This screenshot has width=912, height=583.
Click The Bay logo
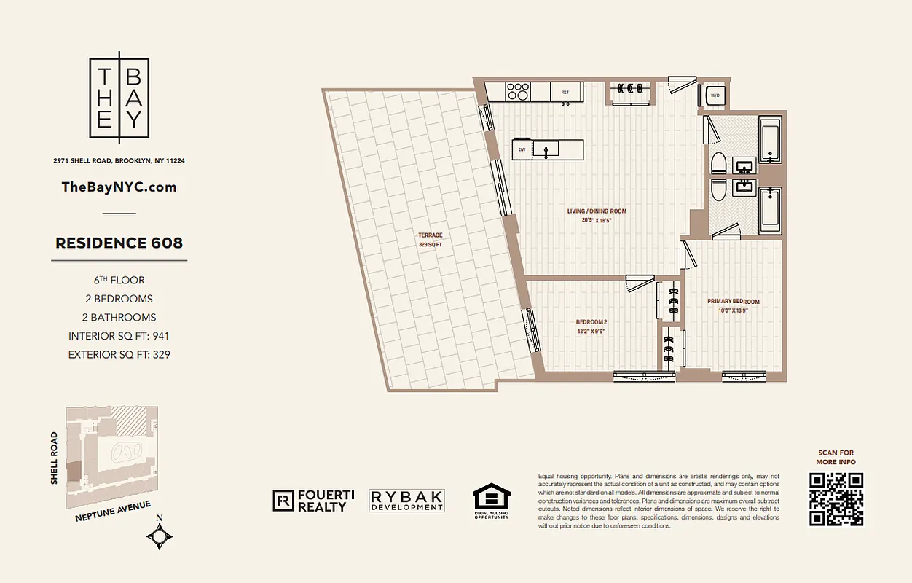pos(119,98)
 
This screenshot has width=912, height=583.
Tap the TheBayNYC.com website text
pos(119,187)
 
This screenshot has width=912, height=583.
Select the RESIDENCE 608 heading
pos(119,243)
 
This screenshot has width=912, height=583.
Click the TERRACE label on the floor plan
pos(430,235)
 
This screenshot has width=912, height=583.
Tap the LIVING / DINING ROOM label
pos(597,211)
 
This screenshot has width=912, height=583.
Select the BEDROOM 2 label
pos(591,322)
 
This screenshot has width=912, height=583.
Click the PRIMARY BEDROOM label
pos(733,301)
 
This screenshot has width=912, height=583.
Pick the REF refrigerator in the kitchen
pos(565,93)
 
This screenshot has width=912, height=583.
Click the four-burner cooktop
pos(518,91)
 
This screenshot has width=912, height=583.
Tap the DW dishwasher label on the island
pos(522,149)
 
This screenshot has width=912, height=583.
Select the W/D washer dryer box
pos(715,95)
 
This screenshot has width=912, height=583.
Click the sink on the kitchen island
pos(546,149)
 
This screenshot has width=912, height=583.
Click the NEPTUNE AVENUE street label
pos(113,511)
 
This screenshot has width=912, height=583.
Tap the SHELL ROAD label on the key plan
pos(54,458)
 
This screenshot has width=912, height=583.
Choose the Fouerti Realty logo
pos(313,500)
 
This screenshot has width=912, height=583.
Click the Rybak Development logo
pos(406,500)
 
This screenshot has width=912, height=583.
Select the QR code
pos(836,499)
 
